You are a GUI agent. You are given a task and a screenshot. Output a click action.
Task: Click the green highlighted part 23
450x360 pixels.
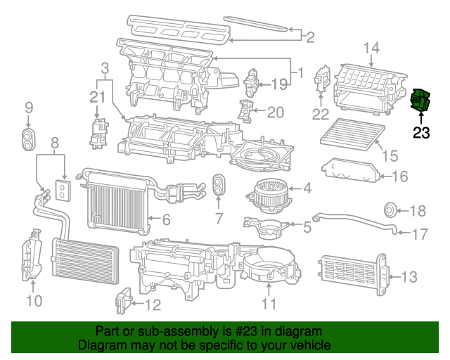point(420,103)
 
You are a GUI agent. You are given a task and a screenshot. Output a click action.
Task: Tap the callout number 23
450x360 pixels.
point(420,132)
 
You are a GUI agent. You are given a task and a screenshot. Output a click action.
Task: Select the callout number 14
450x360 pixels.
point(371,48)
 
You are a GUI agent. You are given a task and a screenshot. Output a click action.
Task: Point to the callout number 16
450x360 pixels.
point(399,176)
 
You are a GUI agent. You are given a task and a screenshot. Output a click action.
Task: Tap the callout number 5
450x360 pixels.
point(307,227)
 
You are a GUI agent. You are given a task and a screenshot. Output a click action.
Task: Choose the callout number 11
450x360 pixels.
point(269,304)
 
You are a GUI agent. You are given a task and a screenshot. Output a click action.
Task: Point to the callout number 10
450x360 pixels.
point(34,301)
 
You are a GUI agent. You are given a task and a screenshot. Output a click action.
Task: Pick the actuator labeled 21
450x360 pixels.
point(97,132)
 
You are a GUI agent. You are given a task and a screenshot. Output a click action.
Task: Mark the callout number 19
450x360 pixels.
point(280,84)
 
